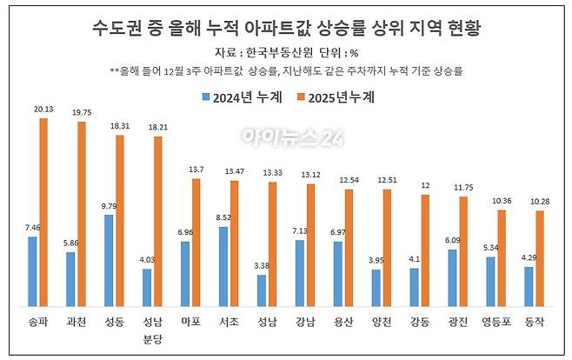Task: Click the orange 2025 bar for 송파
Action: point(43,212)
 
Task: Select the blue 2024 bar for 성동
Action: point(108,260)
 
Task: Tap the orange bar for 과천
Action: point(82,214)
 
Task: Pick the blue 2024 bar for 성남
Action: point(260,290)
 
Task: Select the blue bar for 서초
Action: point(223,266)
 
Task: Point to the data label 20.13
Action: point(43,110)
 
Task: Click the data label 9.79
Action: point(108,206)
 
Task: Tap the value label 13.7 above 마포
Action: point(196,169)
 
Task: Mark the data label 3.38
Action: point(260,266)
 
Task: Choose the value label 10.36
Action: point(502,200)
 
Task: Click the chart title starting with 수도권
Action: point(287,28)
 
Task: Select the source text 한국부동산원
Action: point(271,53)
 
